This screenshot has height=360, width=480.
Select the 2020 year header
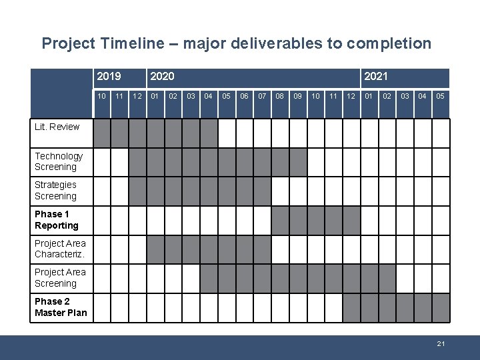coord(162,77)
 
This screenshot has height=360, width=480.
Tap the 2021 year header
coord(375,77)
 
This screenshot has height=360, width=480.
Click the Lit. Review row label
coord(57,127)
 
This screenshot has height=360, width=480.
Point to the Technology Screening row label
coord(59,161)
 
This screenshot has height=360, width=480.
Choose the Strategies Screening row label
coord(56,191)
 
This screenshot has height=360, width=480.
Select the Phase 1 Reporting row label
coord(57,220)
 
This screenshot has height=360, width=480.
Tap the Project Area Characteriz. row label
coord(60,249)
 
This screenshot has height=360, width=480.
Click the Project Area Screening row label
coord(60,278)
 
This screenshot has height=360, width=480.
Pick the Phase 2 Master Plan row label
coord(61,307)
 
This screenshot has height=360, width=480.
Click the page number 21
coord(441,343)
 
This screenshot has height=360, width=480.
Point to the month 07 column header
coord(262,97)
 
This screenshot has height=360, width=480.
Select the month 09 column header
coord(298,97)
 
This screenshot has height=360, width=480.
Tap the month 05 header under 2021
coord(440,97)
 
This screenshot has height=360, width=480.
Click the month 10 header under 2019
coord(102,97)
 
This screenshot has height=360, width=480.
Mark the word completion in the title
coord(388,44)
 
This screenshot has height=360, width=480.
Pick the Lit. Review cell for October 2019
coord(102,133)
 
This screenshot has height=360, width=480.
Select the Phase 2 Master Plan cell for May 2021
coord(440,307)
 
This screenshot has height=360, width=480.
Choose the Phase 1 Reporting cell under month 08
coord(280,220)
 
